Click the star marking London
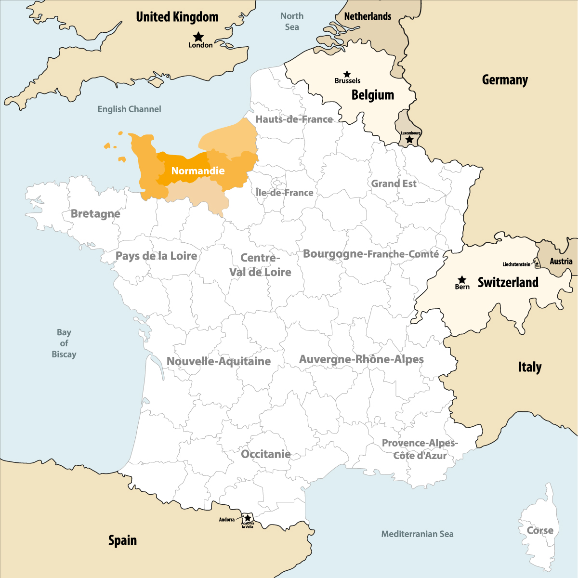click(198, 37)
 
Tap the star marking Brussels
click(347, 74)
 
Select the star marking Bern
click(462, 279)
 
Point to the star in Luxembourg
click(409, 139)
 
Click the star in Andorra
click(248, 518)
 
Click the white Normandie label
click(198, 171)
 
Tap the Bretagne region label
click(95, 213)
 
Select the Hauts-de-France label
click(294, 119)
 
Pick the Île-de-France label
click(284, 193)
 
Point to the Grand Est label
click(394, 184)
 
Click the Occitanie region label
click(265, 454)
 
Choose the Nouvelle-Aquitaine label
click(219, 361)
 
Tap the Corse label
click(540, 530)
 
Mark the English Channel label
click(129, 109)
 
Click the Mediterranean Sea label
click(417, 534)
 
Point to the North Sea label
click(292, 21)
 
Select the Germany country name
click(505, 80)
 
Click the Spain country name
click(122, 540)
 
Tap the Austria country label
click(561, 261)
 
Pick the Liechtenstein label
click(516, 264)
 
